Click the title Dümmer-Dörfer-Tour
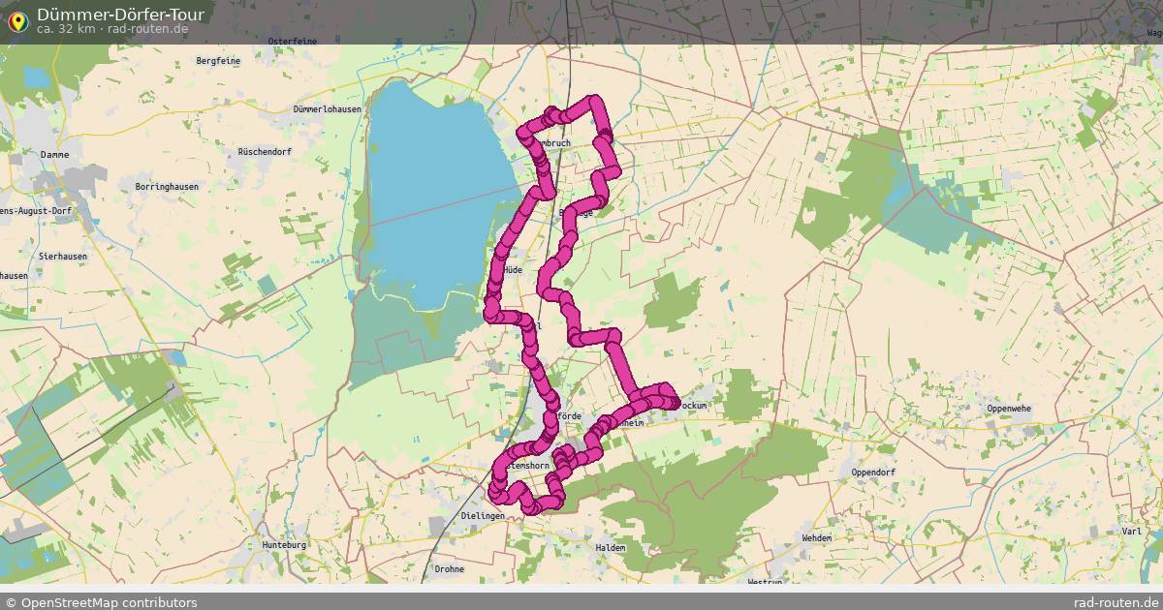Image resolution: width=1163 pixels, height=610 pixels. coord(120,15)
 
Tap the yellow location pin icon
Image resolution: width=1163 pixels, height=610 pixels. coord(17,18)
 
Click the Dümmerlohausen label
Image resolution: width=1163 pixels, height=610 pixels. coord(327,109)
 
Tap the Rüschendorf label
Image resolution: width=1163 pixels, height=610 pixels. coord(264,152)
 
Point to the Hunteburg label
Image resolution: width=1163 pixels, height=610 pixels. coord(284,545)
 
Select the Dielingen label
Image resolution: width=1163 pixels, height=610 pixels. coord(484,516)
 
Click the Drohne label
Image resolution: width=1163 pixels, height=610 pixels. coord(450,568)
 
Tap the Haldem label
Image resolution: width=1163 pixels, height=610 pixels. coord(611,547)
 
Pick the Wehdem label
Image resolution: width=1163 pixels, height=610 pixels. coord(817,537)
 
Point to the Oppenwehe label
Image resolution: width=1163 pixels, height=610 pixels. coord(1009,409)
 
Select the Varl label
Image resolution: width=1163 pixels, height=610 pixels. coord(1130,532)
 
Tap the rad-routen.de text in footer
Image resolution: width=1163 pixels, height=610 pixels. coord(1116,602)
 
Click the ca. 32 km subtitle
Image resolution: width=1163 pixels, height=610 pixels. coord(64,29)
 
